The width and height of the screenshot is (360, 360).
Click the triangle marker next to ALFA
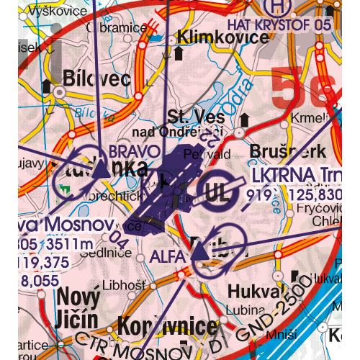[x=197, y=252]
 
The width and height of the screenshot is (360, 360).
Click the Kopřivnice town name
[x=169, y=325]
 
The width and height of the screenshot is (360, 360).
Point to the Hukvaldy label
[x=252, y=291]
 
